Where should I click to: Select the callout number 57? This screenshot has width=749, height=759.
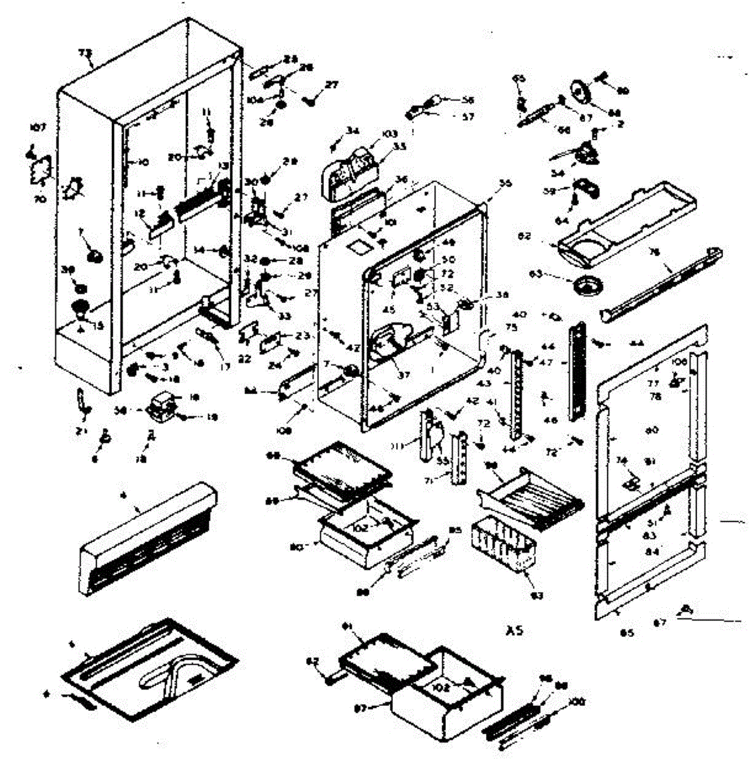[x=467, y=116]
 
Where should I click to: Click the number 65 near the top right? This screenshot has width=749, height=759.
[x=519, y=78]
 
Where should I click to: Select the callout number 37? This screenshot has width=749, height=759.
[x=404, y=374]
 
